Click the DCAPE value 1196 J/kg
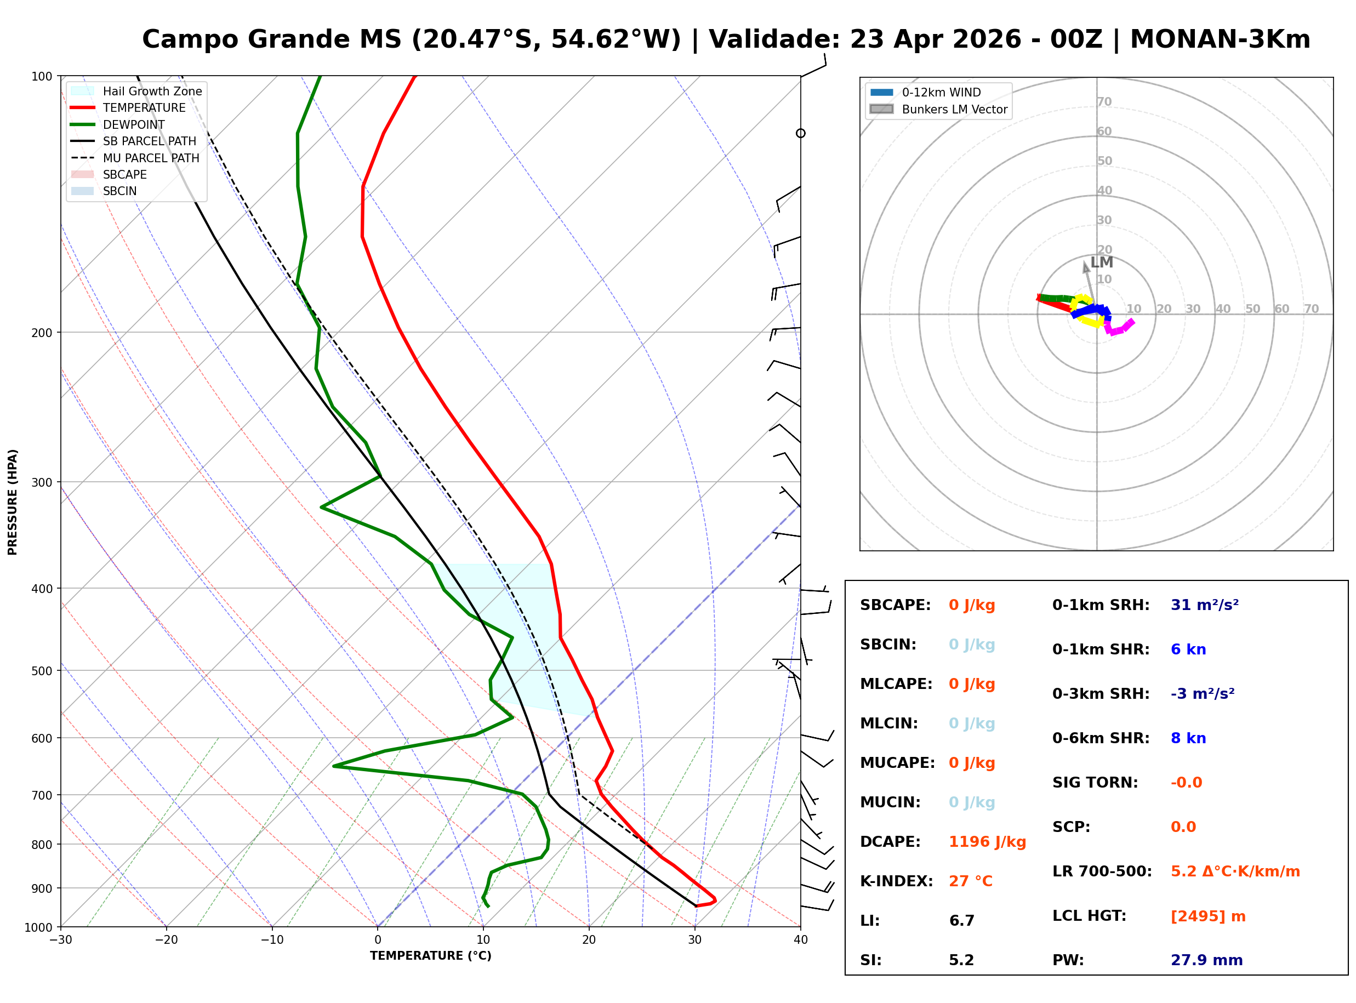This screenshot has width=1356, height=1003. (987, 842)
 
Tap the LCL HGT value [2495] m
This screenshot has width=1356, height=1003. (1207, 916)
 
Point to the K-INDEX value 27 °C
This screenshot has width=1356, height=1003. (970, 881)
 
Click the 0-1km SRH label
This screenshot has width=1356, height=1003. (1101, 605)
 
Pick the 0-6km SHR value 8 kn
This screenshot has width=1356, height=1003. (1188, 738)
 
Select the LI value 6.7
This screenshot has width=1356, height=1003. (961, 921)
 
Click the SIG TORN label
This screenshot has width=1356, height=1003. (1095, 783)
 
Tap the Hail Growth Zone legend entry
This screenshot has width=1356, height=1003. (152, 91)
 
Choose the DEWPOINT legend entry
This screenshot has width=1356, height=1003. (134, 124)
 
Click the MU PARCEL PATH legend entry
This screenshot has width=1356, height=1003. (151, 158)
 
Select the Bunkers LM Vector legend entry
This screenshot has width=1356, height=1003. (954, 109)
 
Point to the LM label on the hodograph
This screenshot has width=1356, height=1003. (1101, 263)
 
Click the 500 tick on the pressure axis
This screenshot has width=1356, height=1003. (41, 671)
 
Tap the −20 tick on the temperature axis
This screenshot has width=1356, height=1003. (166, 940)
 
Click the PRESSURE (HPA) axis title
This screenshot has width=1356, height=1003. (13, 502)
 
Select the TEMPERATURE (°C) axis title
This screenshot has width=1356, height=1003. (430, 956)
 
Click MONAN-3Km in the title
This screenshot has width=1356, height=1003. (1220, 39)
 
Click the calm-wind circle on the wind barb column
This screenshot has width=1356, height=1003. (801, 133)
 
